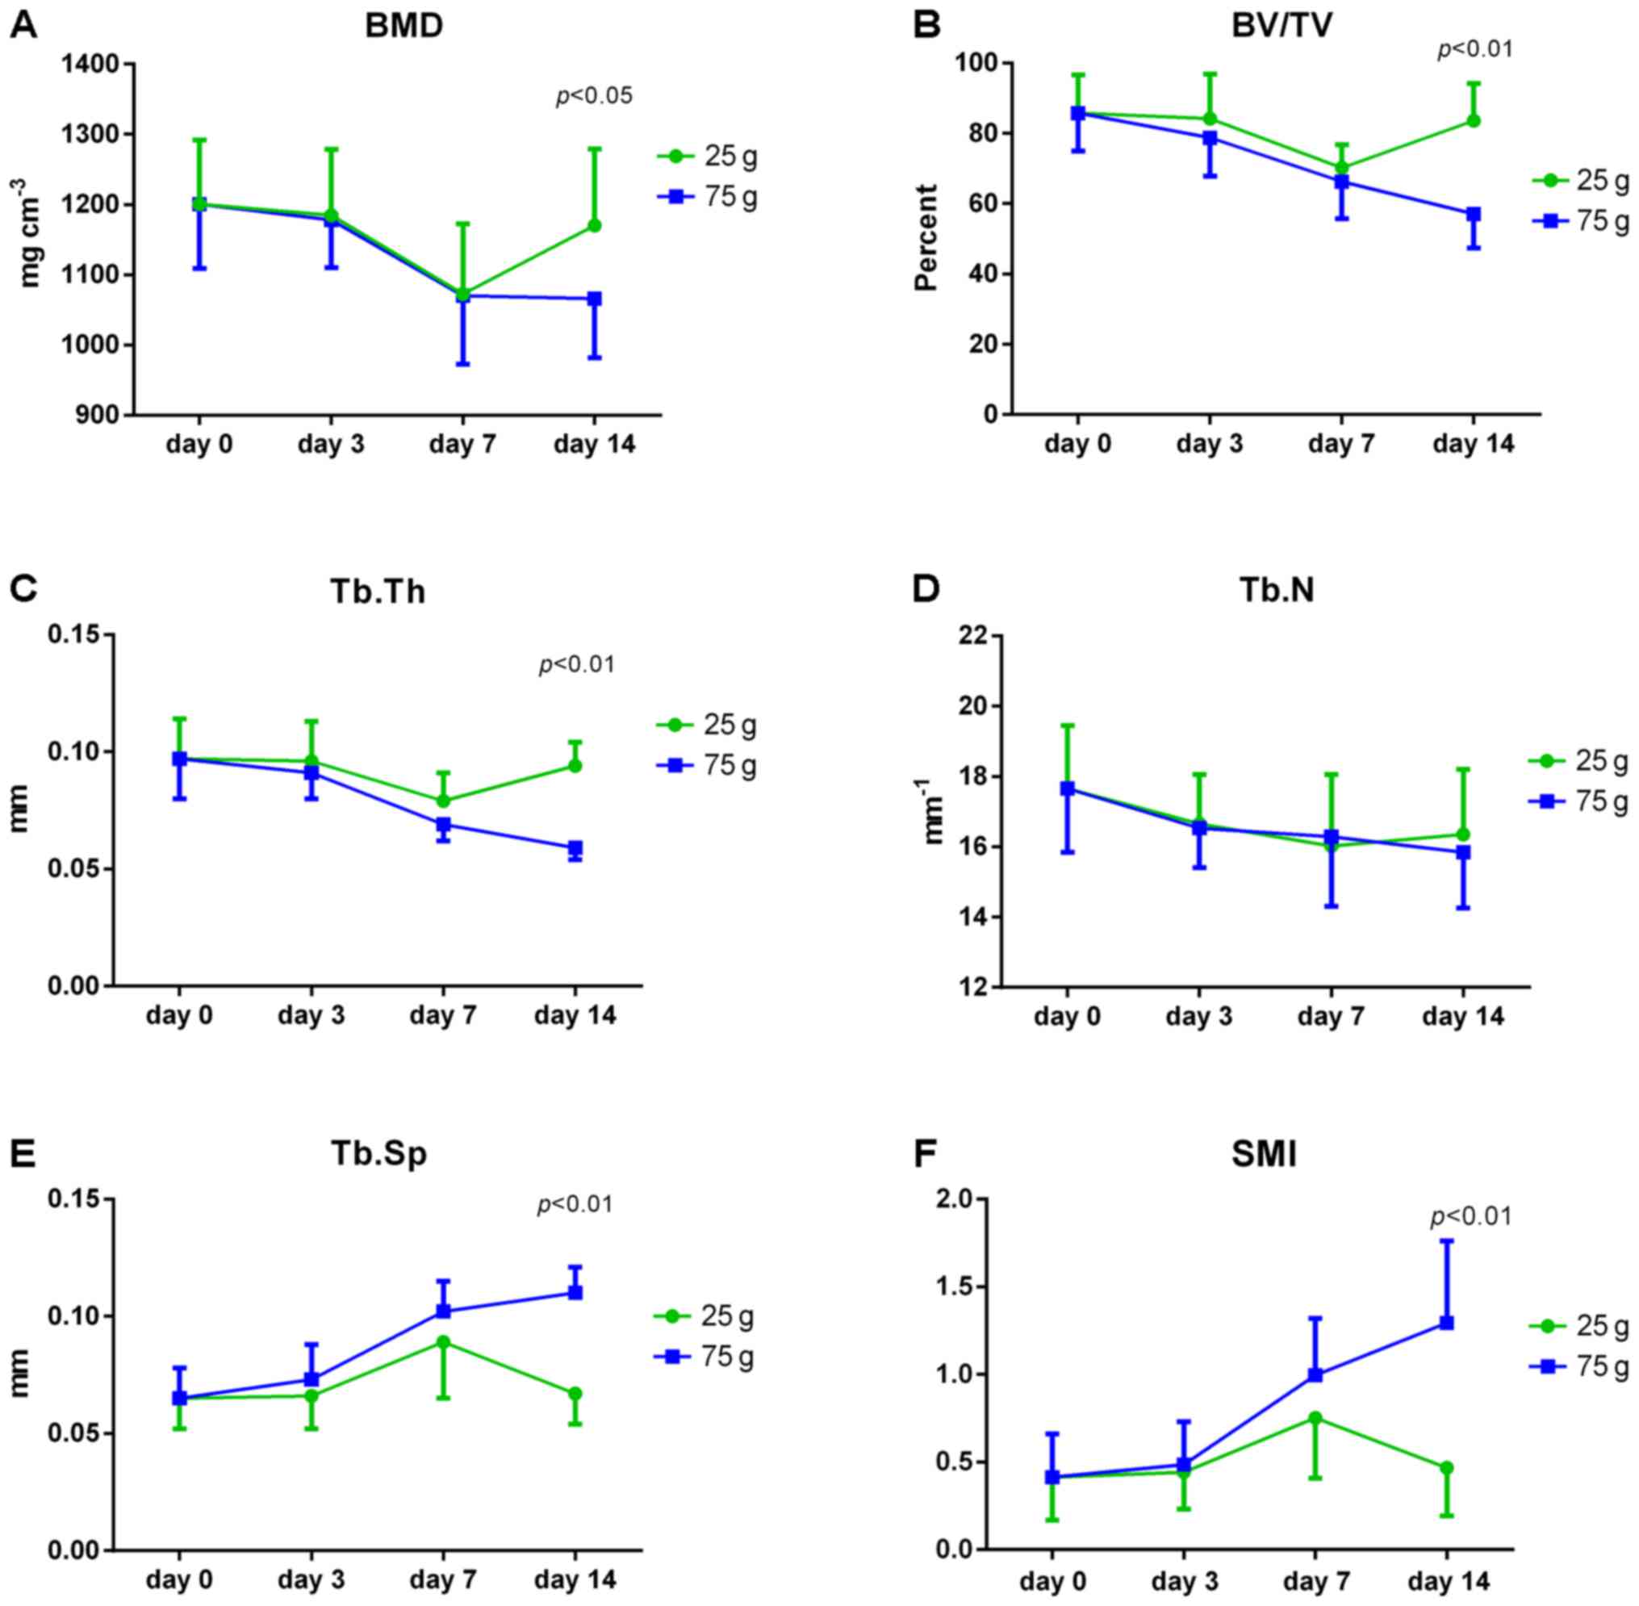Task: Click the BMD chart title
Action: coord(403,26)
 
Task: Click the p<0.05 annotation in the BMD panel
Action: coord(594,96)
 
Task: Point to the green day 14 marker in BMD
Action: coord(594,225)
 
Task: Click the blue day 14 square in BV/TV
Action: coord(1473,214)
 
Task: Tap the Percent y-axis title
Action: coord(926,238)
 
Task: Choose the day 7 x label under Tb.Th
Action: coord(443,1014)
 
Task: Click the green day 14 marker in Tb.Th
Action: coord(575,766)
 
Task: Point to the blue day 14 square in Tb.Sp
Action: coord(575,1292)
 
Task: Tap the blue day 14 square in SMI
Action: coord(1447,1323)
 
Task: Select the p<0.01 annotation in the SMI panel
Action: coord(1470,1217)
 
